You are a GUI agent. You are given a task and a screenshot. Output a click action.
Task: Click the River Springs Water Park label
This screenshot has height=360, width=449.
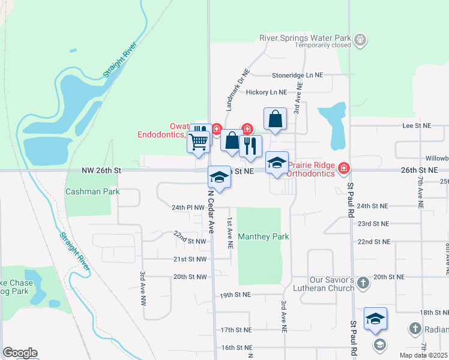tap(305, 37)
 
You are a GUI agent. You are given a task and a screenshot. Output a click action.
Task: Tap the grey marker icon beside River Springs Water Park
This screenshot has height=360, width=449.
tap(360, 40)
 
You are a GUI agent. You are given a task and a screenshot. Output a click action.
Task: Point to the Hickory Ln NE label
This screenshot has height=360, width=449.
tap(267, 92)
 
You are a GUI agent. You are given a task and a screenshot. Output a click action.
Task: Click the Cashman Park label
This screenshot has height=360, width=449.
tap(92, 192)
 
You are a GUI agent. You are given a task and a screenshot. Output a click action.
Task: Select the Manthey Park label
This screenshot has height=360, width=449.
tap(264, 236)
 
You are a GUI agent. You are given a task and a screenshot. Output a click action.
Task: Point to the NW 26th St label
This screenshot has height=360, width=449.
tap(101, 170)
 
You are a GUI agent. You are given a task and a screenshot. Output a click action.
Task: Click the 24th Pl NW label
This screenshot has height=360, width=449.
tap(188, 207)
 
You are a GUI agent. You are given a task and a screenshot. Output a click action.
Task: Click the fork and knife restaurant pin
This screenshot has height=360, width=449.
tap(250, 146)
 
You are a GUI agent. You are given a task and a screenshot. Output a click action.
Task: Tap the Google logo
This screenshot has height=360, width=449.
tap(20, 353)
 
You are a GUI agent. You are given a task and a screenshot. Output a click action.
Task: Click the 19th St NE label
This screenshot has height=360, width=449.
tap(234, 295)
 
